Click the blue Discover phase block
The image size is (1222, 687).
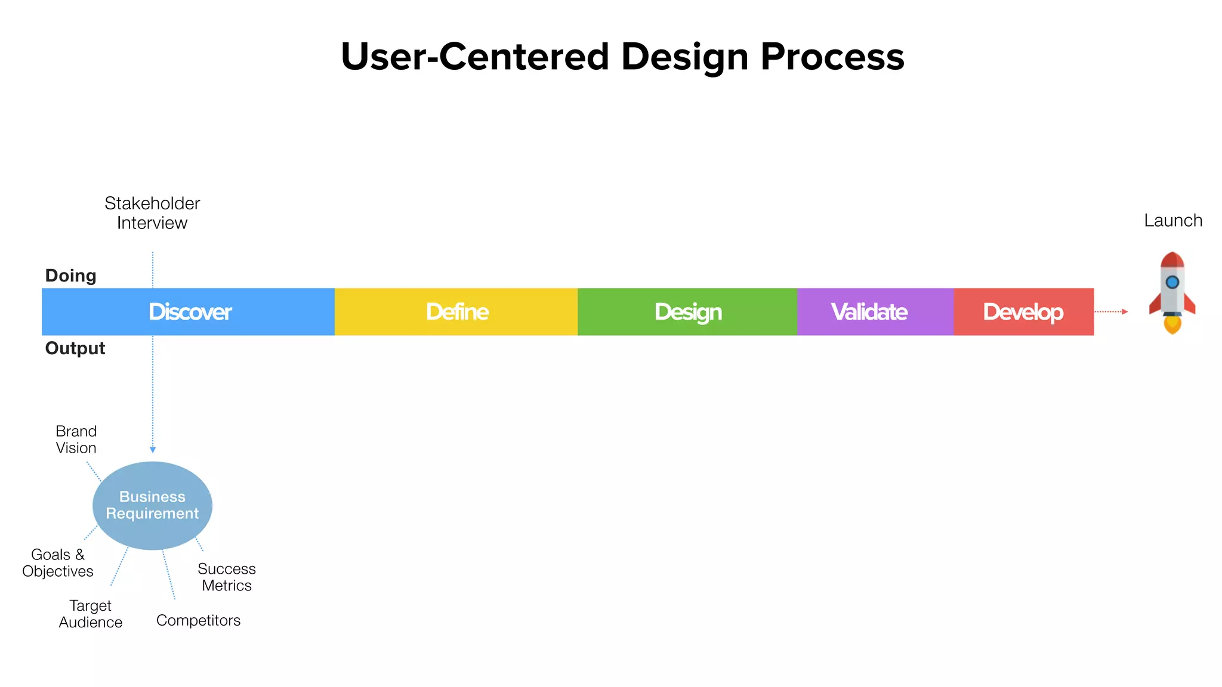coord(189,312)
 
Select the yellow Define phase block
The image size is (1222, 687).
coord(456,312)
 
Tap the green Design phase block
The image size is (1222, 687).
coord(687,312)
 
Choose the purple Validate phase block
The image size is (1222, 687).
coord(875,312)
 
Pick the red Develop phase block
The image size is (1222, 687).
coord(1023,312)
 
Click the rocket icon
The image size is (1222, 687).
coord(1172,292)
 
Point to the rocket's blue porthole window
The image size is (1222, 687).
coord(1172,282)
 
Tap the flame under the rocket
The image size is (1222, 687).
coord(1172,325)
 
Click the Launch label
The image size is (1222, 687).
coord(1172,221)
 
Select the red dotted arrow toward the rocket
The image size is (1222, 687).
coord(1110,311)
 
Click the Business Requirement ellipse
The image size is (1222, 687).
coord(152,505)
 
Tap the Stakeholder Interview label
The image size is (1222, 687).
coord(152,213)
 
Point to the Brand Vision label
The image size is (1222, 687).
coord(76,440)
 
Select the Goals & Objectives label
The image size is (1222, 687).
coord(58,563)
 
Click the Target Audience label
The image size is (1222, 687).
coord(91,614)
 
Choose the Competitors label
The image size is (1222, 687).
coord(198,620)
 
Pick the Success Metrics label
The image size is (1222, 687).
coord(227,577)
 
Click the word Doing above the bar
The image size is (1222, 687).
coord(70,276)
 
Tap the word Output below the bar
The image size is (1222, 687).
coord(75,348)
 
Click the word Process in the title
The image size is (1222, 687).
coord(832,57)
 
